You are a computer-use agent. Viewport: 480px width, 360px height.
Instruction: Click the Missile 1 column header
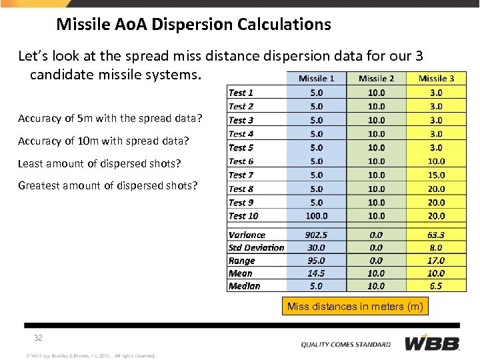tap(317, 79)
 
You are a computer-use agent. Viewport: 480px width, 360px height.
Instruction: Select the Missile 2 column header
tap(377, 79)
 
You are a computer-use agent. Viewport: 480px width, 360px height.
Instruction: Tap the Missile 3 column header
tap(437, 79)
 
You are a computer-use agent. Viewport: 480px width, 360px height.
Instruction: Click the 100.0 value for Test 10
tap(317, 216)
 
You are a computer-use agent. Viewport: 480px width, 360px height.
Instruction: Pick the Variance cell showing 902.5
tap(317, 235)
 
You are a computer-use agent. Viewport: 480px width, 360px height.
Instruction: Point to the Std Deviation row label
tap(256, 247)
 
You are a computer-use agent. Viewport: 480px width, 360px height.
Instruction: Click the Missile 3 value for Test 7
tap(437, 175)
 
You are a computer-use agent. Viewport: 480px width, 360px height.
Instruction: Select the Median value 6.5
tap(437, 286)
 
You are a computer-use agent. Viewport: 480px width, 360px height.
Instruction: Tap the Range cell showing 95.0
tap(317, 261)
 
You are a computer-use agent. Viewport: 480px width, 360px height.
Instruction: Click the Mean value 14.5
tap(317, 273)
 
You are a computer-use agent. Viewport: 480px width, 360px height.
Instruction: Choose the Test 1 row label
tap(241, 93)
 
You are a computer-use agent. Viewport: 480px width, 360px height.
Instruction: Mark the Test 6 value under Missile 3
tap(437, 161)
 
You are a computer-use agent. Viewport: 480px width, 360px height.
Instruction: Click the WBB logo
tap(432, 344)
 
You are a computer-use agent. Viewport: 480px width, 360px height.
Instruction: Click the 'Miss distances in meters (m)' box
tap(355, 307)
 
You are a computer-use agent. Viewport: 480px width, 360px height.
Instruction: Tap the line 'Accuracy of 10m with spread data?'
tap(103, 141)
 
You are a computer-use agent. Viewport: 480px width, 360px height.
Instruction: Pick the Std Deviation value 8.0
tap(437, 247)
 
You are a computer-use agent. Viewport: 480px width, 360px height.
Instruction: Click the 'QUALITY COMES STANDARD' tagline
tap(346, 345)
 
